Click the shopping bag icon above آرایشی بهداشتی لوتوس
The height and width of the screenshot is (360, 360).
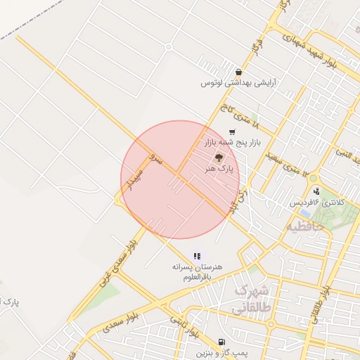240,72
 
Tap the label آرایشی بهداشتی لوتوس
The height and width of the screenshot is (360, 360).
239,83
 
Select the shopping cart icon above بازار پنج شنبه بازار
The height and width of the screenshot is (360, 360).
232,132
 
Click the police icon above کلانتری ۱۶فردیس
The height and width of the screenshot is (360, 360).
316,191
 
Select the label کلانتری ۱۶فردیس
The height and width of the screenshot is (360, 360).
320,202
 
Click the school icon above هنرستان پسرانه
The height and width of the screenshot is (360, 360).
198,256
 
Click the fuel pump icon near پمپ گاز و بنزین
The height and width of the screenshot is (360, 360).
222,342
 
